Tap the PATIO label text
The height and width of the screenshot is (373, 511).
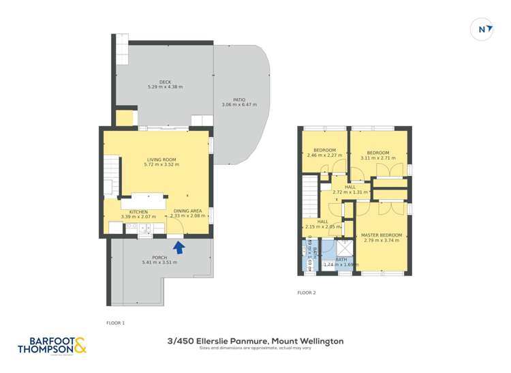(238, 100)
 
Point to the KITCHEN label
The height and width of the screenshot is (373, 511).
(138, 211)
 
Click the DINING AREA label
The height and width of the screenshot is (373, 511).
(187, 211)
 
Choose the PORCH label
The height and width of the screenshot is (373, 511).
(159, 257)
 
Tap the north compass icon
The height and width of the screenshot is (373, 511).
(482, 29)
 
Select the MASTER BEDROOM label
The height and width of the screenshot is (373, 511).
(380, 235)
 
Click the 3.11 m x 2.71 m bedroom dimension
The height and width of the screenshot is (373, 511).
(377, 158)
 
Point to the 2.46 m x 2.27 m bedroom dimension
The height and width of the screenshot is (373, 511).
(324, 155)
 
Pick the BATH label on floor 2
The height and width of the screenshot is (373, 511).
(341, 259)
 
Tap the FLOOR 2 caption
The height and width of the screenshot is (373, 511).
(307, 293)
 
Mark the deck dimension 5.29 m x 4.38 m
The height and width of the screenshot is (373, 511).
(165, 87)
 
